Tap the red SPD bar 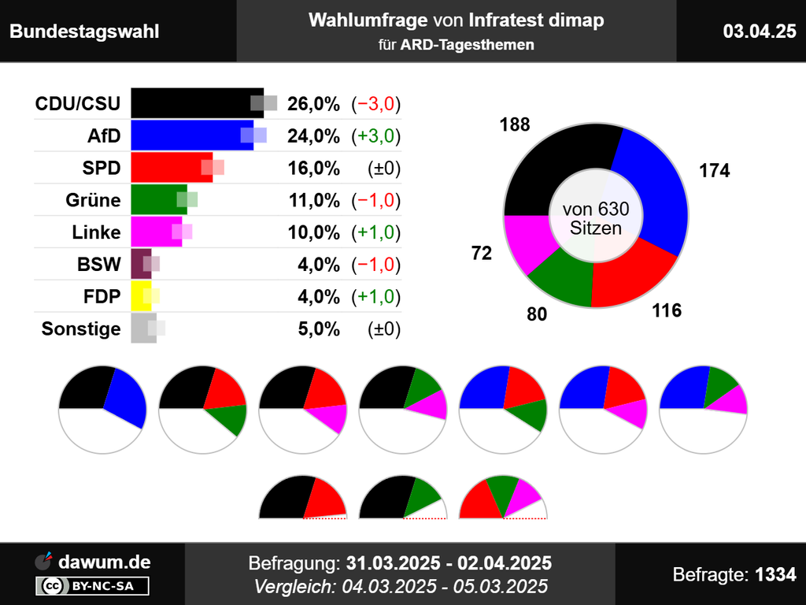point(169,168)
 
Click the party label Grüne point(93,200)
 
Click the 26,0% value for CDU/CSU point(313,104)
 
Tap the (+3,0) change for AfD point(376,136)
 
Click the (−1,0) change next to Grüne point(376,201)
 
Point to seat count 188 point(514,124)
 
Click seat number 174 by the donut point(714,170)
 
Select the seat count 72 point(482,254)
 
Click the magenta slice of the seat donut point(527,239)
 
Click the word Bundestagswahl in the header point(84,32)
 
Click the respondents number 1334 point(775,574)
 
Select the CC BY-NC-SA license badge point(92,586)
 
